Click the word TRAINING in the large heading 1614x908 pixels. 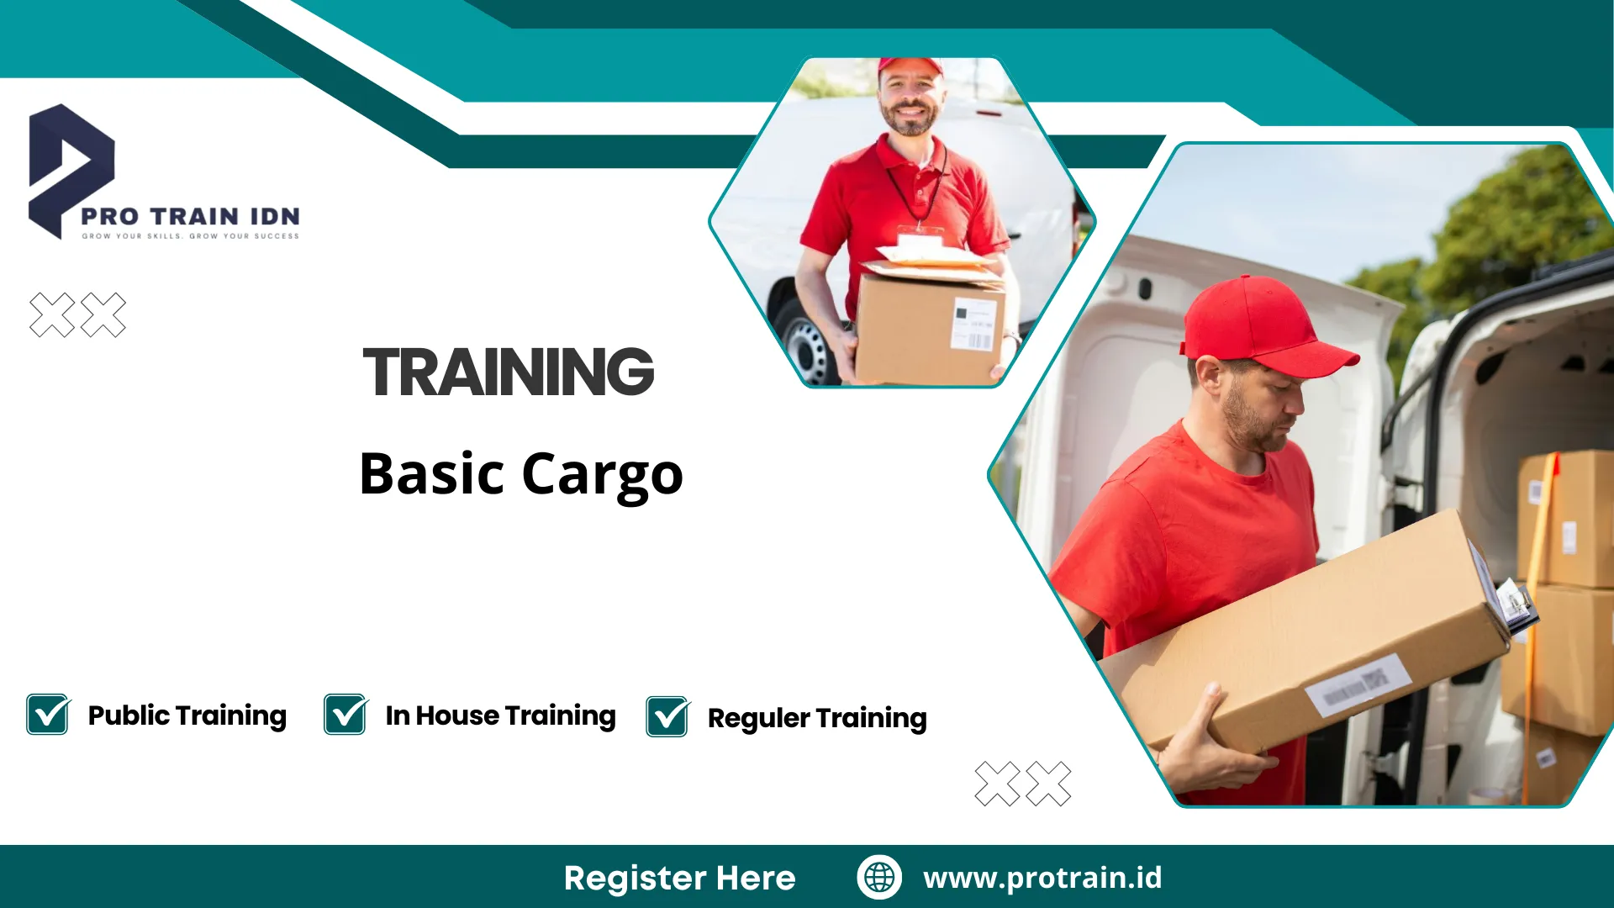pyautogui.click(x=509, y=372)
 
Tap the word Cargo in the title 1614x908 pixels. pyautogui.click(x=602, y=476)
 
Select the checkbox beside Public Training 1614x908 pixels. pyautogui.click(x=48, y=715)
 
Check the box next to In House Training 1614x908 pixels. pyautogui.click(x=345, y=715)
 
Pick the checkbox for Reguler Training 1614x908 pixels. pyautogui.click(x=668, y=717)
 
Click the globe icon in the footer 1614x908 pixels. pyautogui.click(x=879, y=877)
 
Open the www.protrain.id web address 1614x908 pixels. pyautogui.click(x=1042, y=878)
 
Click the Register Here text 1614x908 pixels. pyautogui.click(x=679, y=878)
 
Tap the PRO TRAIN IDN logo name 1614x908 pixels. pyautogui.click(x=190, y=216)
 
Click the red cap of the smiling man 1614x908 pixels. pyautogui.click(x=910, y=66)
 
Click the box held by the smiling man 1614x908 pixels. pyautogui.click(x=931, y=324)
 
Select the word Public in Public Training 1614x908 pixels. pyautogui.click(x=129, y=715)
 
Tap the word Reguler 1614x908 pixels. pyautogui.click(x=758, y=719)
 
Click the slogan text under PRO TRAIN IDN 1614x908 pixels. pyautogui.click(x=190, y=236)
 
